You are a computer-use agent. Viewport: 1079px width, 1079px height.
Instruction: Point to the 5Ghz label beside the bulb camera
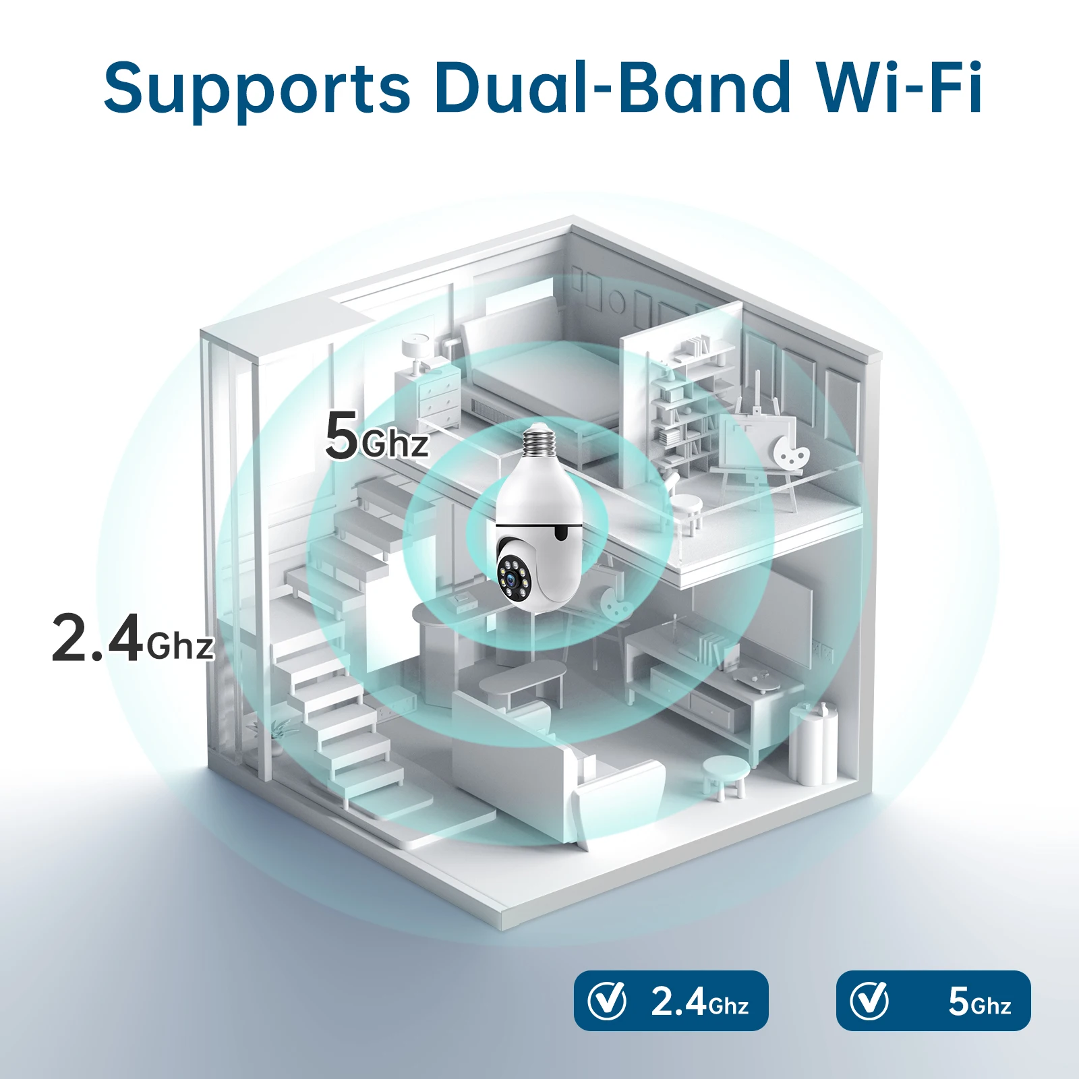pyautogui.click(x=376, y=437)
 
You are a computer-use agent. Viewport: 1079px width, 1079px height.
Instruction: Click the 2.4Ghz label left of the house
pyautogui.click(x=133, y=638)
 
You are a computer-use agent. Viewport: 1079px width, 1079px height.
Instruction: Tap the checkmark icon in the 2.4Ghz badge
pyautogui.click(x=606, y=1001)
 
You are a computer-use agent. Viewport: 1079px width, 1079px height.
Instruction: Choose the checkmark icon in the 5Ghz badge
pyautogui.click(x=869, y=1001)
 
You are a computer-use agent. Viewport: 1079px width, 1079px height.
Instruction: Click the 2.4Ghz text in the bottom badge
pyautogui.click(x=699, y=1002)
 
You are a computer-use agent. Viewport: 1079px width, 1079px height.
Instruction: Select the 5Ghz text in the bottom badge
pyautogui.click(x=979, y=1002)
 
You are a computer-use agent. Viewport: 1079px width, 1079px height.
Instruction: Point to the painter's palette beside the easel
pyautogui.click(x=790, y=452)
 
